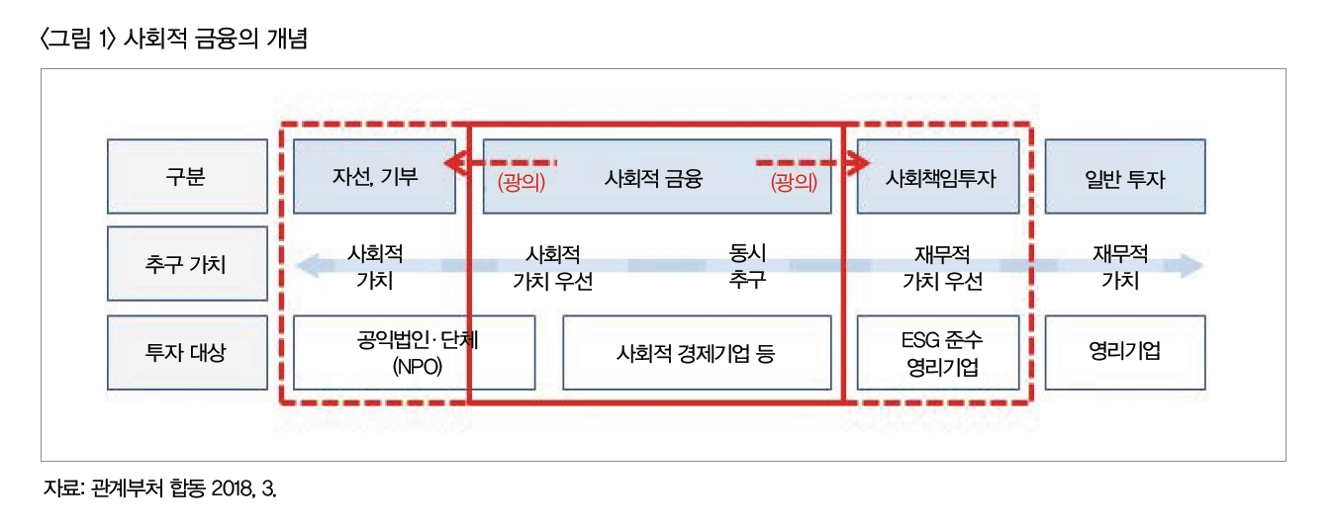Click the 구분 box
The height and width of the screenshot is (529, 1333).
pos(186,177)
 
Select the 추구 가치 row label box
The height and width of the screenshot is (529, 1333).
pos(186,264)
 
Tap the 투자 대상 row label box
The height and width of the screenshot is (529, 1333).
pos(186,352)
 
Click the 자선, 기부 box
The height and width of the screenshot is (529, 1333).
pos(375,177)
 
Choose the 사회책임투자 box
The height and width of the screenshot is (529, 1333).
pos(938,178)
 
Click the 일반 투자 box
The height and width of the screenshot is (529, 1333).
pos(1125,178)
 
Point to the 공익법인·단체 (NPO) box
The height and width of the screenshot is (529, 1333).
pos(415,352)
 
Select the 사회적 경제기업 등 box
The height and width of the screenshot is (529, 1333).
pos(696,352)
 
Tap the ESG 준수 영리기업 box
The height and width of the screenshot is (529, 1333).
pos(938,353)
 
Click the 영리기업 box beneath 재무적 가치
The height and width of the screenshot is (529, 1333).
pos(1125,352)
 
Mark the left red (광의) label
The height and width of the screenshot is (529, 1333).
pos(521,182)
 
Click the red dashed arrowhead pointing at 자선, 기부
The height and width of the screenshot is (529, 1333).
pos(451,162)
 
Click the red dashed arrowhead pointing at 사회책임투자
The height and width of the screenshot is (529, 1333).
pos(849,162)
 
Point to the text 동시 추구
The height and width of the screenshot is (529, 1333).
pos(747,266)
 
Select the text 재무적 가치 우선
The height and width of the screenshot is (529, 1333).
pos(942,266)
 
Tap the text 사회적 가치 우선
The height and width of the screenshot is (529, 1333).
pos(552,266)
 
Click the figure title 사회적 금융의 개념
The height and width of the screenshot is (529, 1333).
pos(217,42)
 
